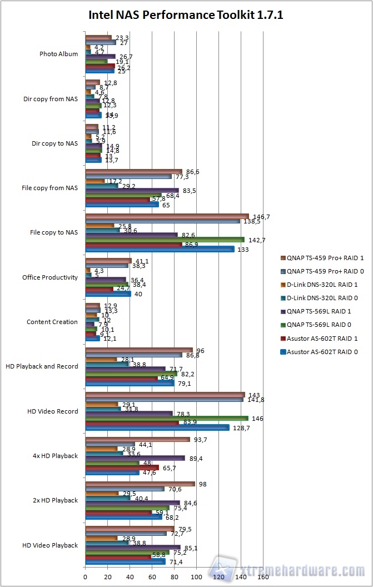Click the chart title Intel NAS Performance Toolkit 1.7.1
coord(186,15)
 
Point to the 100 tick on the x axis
coord(196,578)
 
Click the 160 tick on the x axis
coord(263,578)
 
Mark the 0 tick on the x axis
coord(85,578)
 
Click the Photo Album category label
coord(58,54)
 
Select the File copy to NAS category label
coord(54,232)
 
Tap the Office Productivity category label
coord(50,277)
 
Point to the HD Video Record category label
coord(52,411)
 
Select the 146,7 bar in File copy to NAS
coord(167,216)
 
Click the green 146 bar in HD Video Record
coord(166,417)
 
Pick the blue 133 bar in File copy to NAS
coord(160,249)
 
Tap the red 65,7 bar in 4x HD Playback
coord(122,467)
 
